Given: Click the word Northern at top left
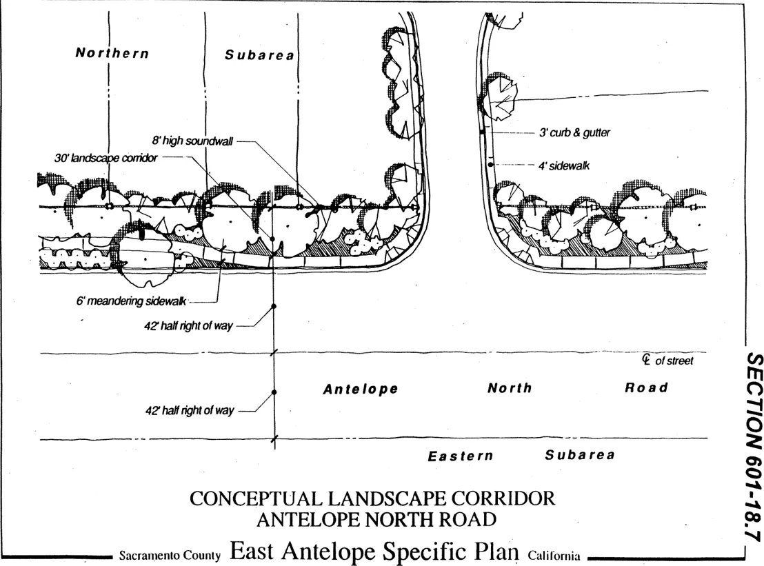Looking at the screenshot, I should point(112,53).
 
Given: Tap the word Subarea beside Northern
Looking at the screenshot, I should point(259,55).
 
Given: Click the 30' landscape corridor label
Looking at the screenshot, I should point(105,158).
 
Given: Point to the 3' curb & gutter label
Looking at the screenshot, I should point(574,132).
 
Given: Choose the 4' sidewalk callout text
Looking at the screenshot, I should point(563,165).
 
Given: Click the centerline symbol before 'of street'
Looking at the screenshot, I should point(646,360).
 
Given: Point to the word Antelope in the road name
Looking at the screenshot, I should point(361,390).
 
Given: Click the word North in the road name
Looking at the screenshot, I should point(510,388).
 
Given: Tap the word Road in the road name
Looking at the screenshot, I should point(646,387).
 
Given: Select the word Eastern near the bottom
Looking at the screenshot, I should point(461,456).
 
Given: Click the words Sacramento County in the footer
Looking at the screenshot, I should point(170,555).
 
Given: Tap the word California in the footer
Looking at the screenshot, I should point(554,556).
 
